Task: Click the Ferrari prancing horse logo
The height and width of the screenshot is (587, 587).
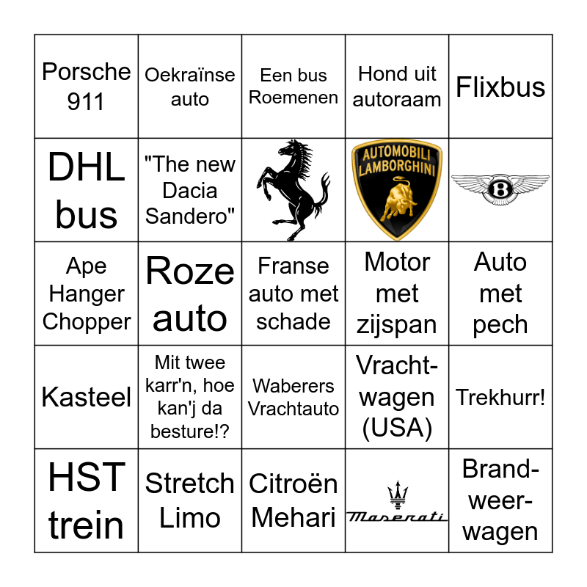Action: tap(293, 190)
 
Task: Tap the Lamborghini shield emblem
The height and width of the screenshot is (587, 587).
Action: tap(397, 190)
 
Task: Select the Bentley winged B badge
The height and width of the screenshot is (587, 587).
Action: tap(500, 189)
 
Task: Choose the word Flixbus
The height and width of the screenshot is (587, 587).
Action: tap(500, 87)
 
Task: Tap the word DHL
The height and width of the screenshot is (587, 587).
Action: tap(86, 168)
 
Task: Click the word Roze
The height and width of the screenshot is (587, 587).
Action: tap(190, 271)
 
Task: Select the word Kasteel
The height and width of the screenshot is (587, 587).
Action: tap(86, 398)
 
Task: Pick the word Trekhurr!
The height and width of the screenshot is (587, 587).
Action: tap(500, 398)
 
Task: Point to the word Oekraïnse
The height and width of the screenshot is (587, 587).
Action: tap(190, 75)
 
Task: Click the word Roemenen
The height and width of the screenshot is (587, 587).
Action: tap(293, 98)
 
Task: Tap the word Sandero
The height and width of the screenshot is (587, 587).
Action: tap(190, 216)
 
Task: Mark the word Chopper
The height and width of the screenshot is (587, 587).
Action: tap(87, 321)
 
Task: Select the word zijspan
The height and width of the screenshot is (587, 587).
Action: tap(397, 325)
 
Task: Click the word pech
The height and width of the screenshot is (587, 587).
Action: tap(500, 325)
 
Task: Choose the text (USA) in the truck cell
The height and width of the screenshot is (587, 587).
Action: tap(397, 428)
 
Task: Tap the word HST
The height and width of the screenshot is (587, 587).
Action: tap(86, 478)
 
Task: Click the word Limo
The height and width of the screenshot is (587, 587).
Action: tap(190, 518)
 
